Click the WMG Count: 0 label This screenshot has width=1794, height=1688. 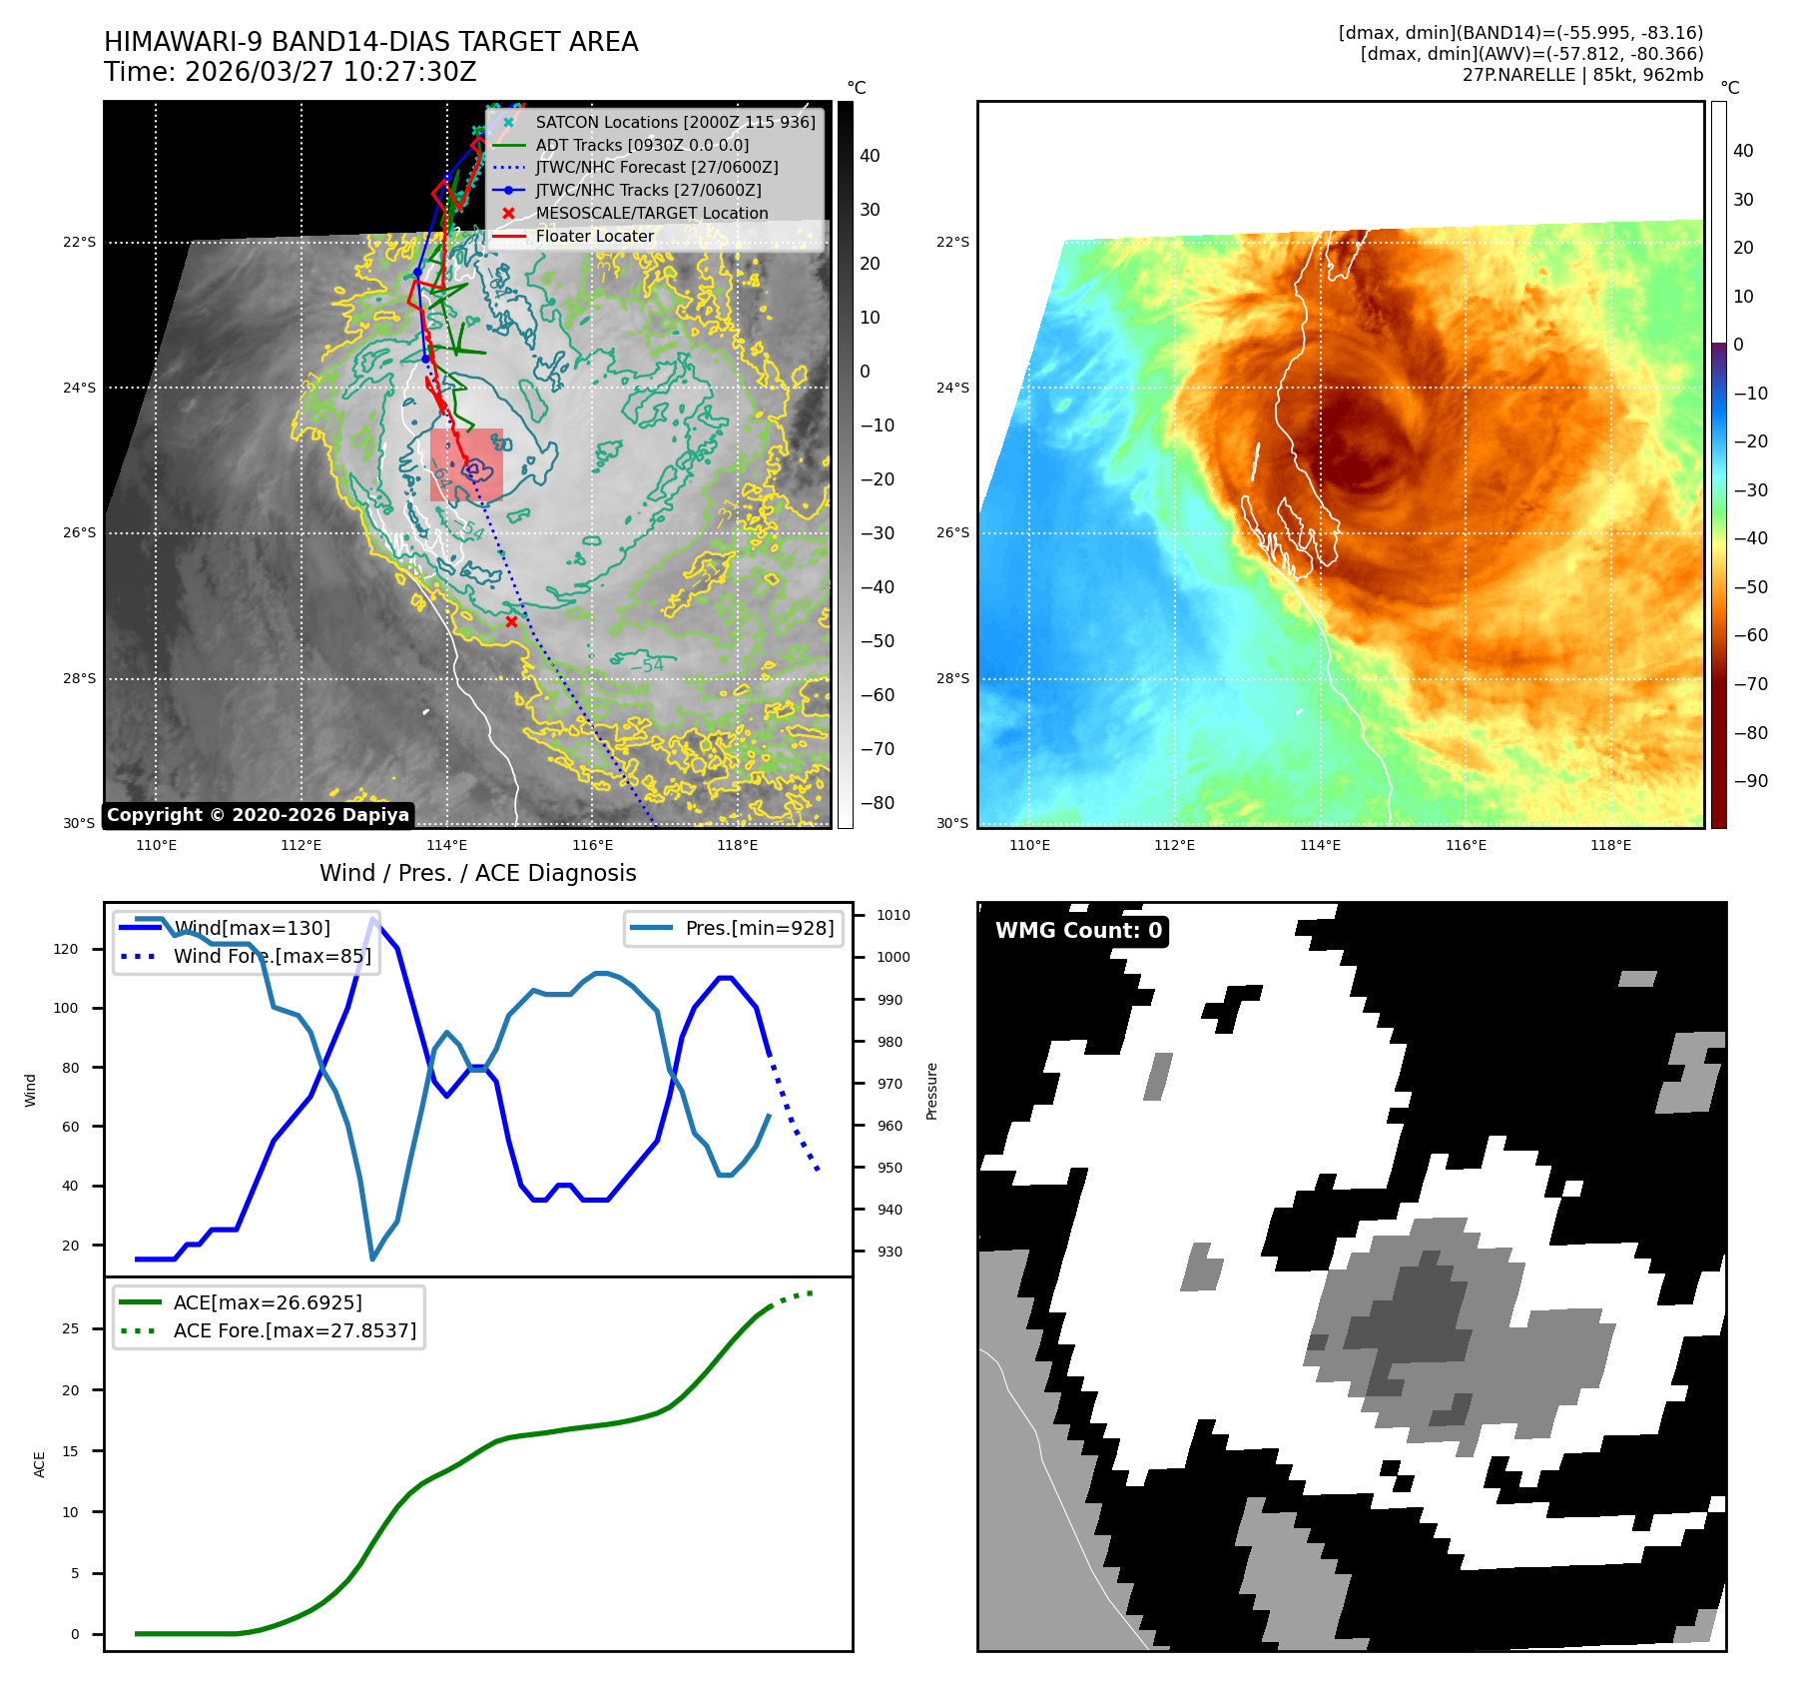[x=1078, y=931]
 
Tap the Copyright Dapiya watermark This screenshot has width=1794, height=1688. [x=258, y=815]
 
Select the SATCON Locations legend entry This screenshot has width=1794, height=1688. [x=675, y=122]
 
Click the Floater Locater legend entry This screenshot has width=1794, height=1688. [x=595, y=237]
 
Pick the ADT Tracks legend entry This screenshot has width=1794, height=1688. [x=642, y=145]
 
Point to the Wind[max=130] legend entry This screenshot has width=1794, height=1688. [x=252, y=928]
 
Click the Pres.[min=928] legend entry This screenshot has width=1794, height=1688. [x=759, y=928]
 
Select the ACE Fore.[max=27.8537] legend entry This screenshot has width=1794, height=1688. [x=295, y=1330]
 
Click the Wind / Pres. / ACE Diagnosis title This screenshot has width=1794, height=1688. [x=477, y=873]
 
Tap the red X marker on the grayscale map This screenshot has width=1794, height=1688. [x=511, y=621]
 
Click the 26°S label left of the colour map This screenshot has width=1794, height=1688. [x=952, y=532]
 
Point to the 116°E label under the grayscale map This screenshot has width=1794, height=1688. [x=592, y=845]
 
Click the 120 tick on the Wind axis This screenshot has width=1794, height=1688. [x=66, y=949]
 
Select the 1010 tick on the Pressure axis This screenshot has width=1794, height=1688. [x=894, y=915]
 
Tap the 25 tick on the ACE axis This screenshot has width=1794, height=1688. [x=70, y=1328]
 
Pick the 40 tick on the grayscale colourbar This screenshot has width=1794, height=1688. [x=870, y=156]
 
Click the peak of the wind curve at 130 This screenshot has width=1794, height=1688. [x=373, y=918]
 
